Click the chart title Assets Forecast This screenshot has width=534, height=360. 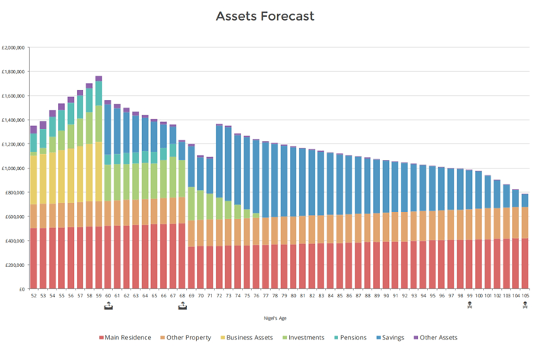click(x=265, y=16)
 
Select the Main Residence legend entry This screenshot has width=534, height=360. click(x=129, y=337)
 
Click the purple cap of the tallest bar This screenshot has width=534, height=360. click(x=98, y=78)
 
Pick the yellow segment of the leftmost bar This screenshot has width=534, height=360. click(x=34, y=179)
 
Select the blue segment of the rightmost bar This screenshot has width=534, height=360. click(x=524, y=200)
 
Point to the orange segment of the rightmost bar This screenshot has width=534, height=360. click(x=524, y=223)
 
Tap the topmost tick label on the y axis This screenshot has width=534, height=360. click(x=16, y=47)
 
